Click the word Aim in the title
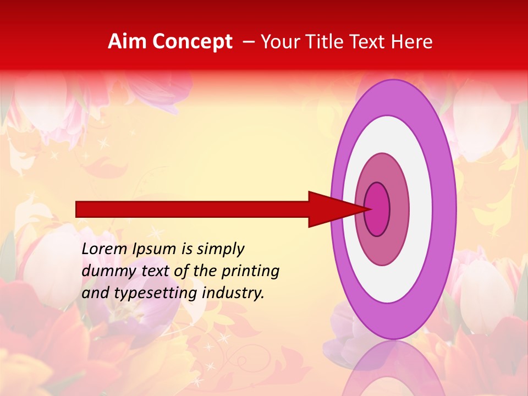(128, 42)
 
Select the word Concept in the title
(192, 42)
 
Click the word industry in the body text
(233, 293)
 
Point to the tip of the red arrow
(372, 209)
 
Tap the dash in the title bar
(248, 42)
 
